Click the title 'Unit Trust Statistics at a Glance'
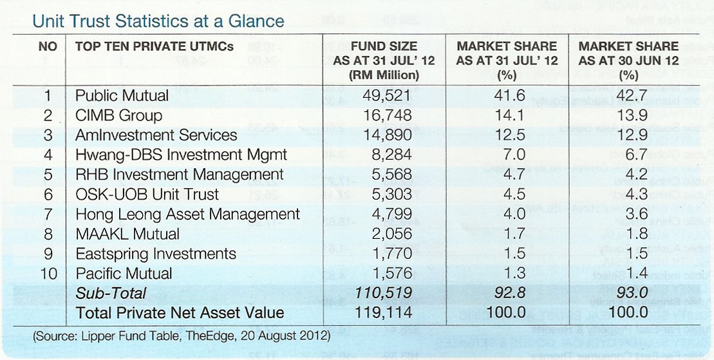[158, 21]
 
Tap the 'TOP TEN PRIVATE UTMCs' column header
[155, 46]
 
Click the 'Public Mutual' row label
[122, 96]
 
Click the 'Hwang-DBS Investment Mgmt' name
[182, 155]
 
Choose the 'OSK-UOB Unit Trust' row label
[147, 194]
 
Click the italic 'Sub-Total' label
[111, 293]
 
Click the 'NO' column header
[48, 46]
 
